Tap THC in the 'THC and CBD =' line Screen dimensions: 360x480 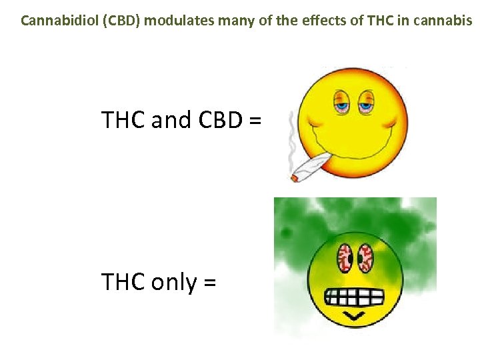(x=124, y=120)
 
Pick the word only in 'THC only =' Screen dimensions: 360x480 (x=174, y=282)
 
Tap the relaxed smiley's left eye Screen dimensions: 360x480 (x=341, y=102)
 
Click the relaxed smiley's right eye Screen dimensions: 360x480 (x=366, y=102)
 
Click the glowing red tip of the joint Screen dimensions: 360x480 (x=294, y=177)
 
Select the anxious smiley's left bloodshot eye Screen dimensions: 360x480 (x=345, y=257)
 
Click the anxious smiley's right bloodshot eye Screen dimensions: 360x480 (x=366, y=257)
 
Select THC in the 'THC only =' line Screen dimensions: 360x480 (x=124, y=282)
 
